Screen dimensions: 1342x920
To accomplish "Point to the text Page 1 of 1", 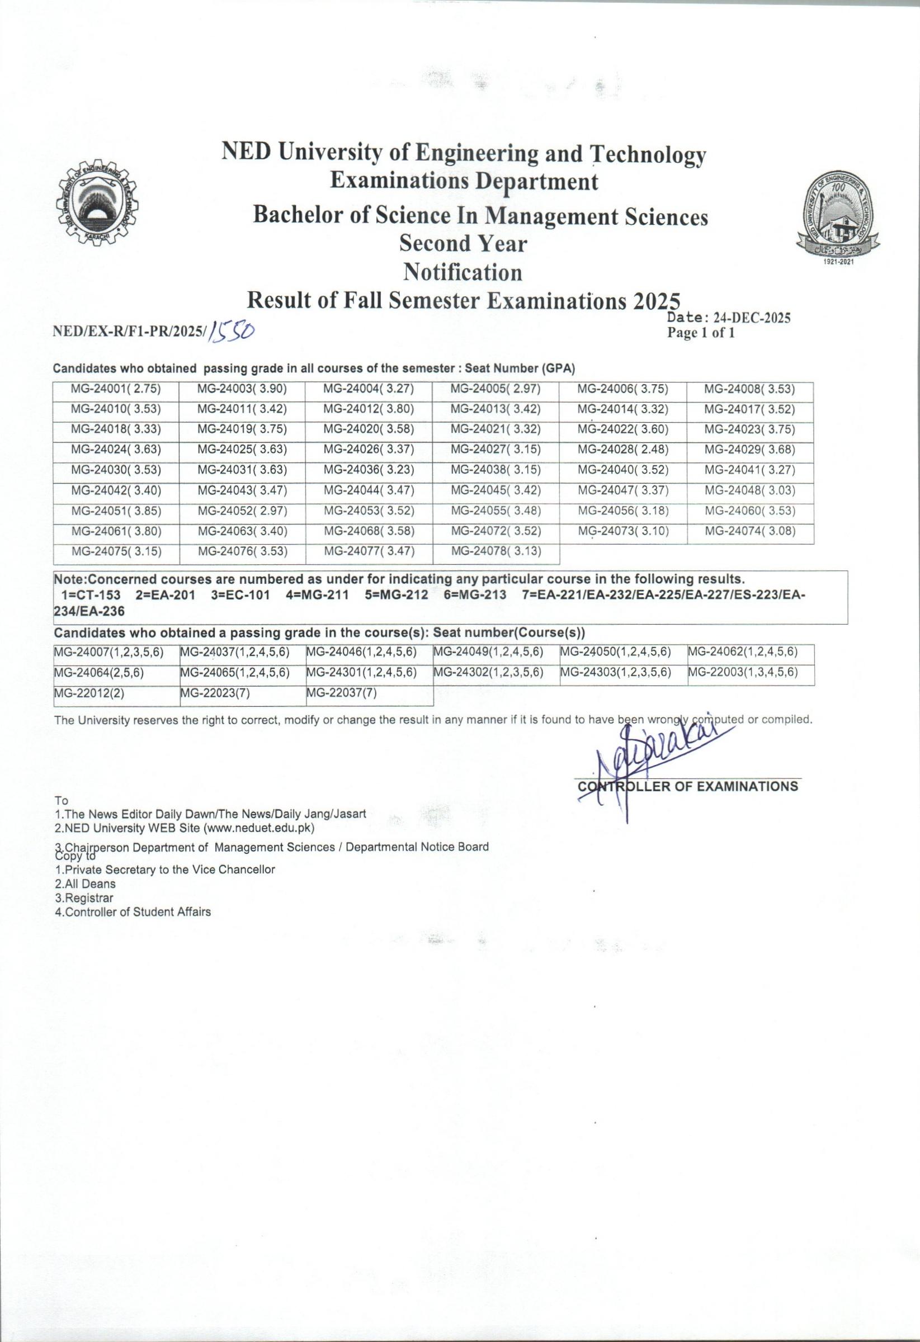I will (x=701, y=333).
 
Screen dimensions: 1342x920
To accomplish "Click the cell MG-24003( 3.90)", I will (x=243, y=390).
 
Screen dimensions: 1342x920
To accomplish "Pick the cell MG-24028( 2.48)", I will (x=622, y=450).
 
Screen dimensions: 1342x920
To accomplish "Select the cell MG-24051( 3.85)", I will (x=116, y=511).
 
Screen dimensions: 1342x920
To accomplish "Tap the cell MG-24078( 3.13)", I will (x=496, y=551).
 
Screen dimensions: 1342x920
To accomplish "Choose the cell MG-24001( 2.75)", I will (x=116, y=390).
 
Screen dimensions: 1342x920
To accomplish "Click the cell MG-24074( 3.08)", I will (x=749, y=531).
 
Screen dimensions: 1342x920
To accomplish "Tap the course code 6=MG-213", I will (x=475, y=596).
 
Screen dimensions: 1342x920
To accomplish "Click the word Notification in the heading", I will (x=463, y=271).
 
